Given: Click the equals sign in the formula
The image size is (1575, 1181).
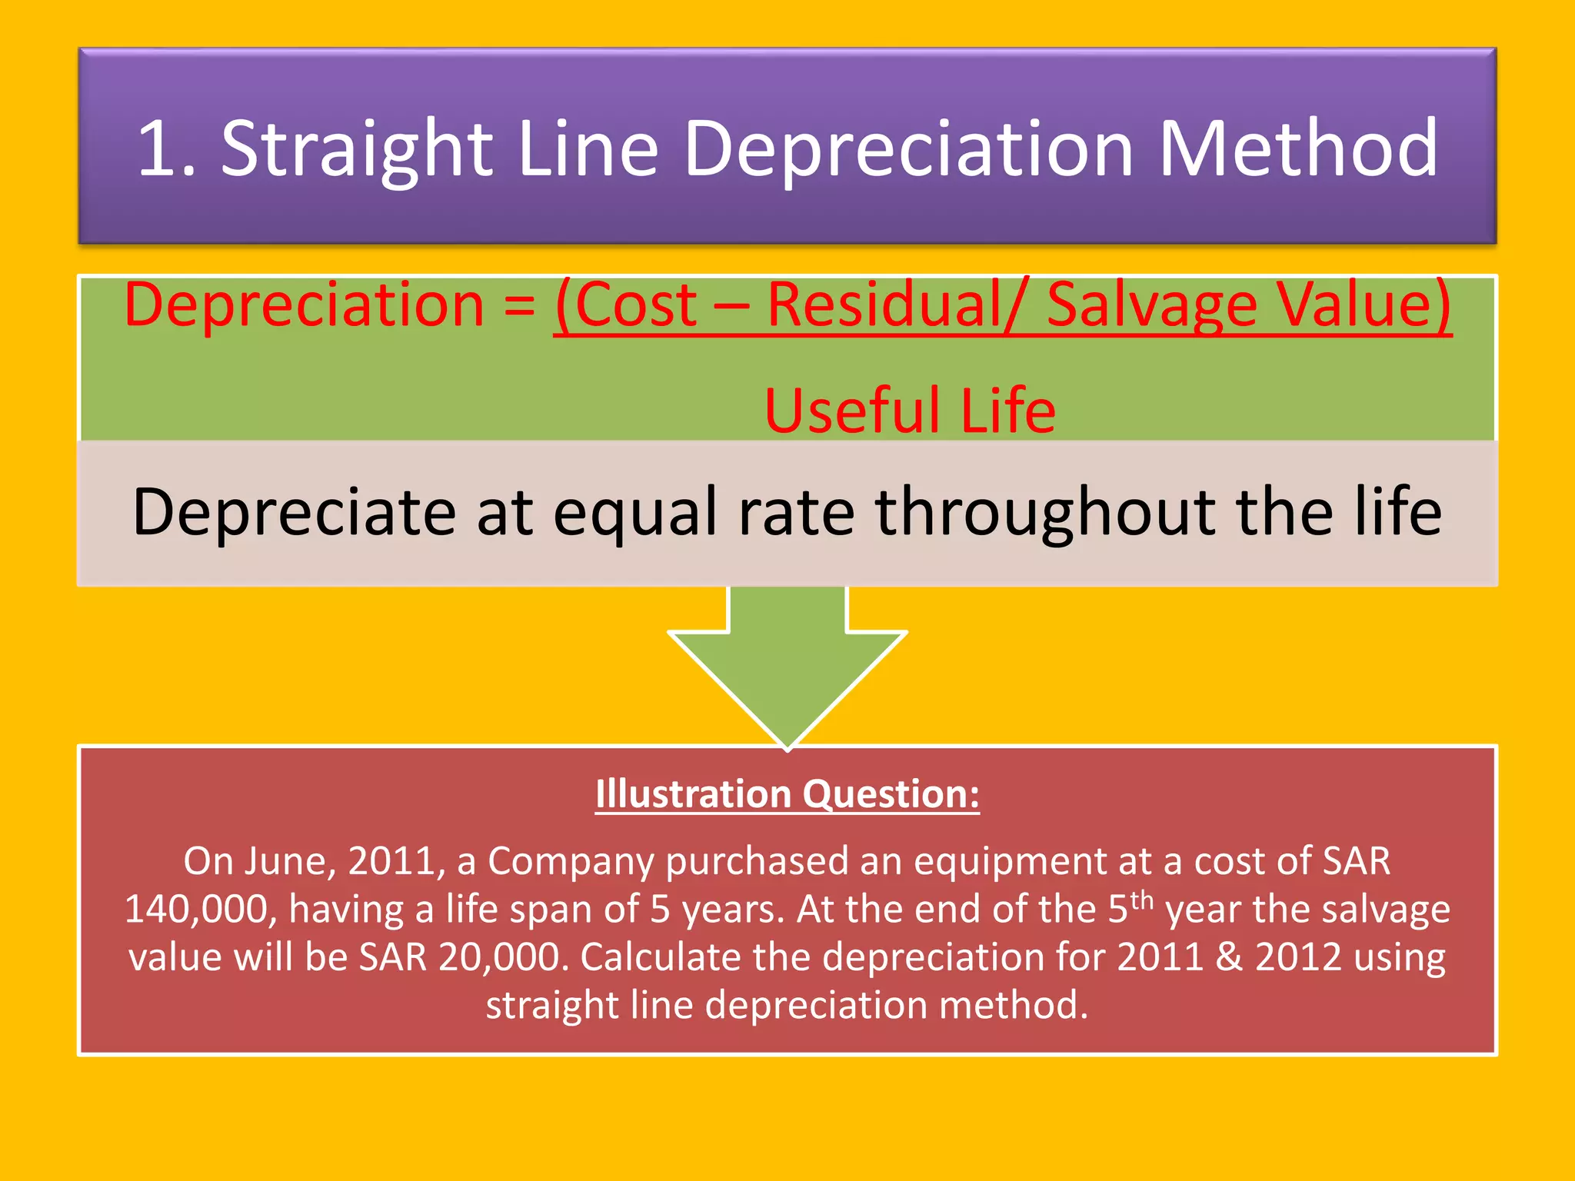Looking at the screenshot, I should (520, 305).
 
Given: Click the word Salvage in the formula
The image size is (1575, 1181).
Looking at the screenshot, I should (1151, 305).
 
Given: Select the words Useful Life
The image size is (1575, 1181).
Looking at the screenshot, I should (910, 411).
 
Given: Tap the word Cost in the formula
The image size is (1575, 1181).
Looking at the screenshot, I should (635, 305).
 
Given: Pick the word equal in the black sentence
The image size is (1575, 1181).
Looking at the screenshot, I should (635, 512).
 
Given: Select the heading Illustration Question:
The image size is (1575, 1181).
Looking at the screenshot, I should (787, 793).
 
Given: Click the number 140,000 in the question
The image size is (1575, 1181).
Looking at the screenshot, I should (195, 909).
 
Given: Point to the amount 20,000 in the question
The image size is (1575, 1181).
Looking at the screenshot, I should (503, 957).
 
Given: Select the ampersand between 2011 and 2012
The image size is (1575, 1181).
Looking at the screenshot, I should (1229, 957).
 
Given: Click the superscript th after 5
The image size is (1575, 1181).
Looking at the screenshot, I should (1142, 900).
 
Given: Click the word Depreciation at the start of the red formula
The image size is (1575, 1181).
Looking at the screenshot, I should (304, 305).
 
